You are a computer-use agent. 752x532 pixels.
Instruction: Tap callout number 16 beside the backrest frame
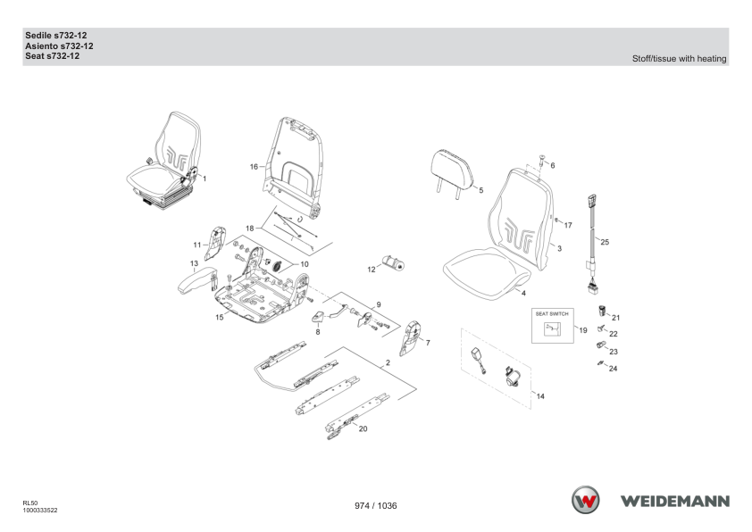pyautogui.click(x=254, y=167)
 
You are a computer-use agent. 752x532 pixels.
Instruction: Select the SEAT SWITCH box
pyautogui.click(x=553, y=326)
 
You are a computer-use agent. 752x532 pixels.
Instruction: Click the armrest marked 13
pyautogui.click(x=197, y=279)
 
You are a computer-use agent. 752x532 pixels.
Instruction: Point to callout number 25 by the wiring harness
pyautogui.click(x=605, y=242)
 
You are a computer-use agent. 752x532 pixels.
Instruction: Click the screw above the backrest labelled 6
pyautogui.click(x=542, y=160)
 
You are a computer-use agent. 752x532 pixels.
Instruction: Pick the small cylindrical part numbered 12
pyautogui.click(x=393, y=263)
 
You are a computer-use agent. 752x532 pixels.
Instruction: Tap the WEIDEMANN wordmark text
pyautogui.click(x=675, y=502)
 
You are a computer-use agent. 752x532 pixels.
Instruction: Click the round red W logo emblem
pyautogui.click(x=585, y=500)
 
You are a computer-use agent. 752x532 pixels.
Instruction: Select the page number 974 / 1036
pyautogui.click(x=375, y=505)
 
